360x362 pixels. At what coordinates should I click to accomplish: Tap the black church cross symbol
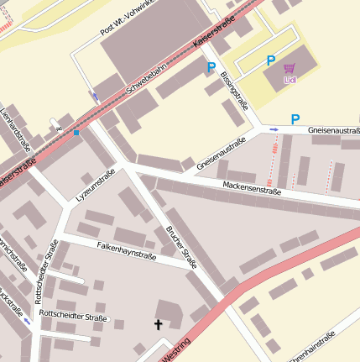coord(157,323)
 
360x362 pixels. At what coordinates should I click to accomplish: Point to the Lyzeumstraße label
coord(95,186)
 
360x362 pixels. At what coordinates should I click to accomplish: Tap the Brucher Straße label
coord(181,247)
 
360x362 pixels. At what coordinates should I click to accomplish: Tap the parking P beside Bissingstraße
coord(211,67)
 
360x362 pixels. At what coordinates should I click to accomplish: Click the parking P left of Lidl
coord(270,60)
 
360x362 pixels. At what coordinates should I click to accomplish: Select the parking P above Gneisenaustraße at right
coord(295,119)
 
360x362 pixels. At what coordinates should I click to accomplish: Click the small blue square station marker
coord(76,133)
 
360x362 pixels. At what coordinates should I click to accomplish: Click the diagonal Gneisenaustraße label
coord(221,155)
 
